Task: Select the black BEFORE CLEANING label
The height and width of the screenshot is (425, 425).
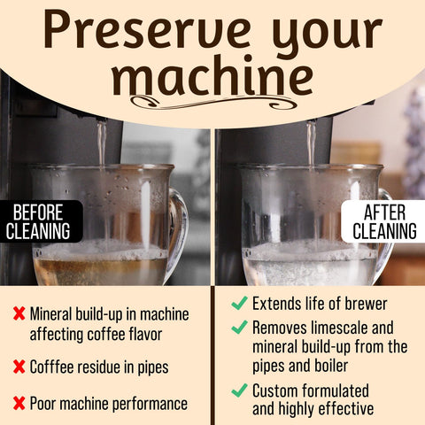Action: pos(41,221)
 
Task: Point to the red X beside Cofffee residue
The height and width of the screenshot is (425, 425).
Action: pos(19,367)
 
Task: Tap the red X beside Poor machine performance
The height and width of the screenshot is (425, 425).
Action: pos(19,404)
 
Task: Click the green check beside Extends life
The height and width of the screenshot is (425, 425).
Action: pos(238,303)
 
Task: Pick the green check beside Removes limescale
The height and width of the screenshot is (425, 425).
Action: pos(238,327)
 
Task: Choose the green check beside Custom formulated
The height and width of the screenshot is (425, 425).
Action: pos(238,390)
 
